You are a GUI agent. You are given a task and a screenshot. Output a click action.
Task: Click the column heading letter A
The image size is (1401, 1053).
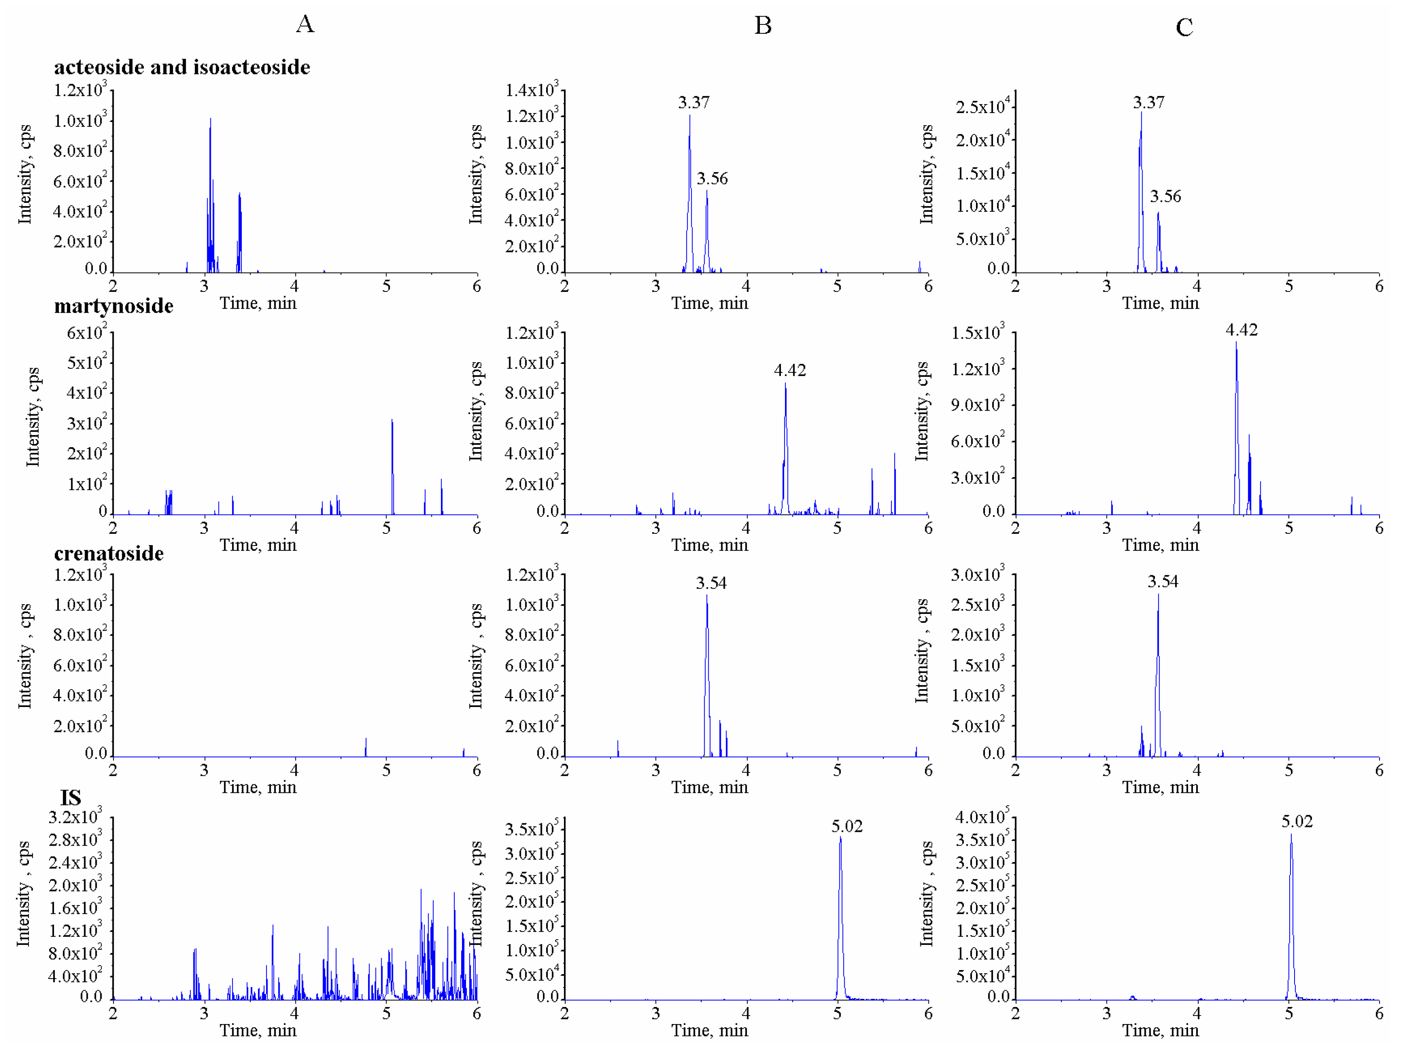click(305, 24)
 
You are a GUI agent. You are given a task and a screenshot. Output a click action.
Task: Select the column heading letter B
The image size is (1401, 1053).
click(763, 25)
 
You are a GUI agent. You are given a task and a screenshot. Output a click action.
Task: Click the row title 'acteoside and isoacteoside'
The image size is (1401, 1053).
click(182, 67)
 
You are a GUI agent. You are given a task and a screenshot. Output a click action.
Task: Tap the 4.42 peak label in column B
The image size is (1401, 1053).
click(790, 370)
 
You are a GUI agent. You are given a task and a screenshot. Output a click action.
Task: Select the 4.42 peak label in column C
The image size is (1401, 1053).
click(1241, 329)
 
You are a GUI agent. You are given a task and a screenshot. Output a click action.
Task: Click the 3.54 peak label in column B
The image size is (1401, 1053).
click(711, 583)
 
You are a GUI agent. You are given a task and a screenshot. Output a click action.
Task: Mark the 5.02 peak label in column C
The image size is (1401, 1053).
click(1297, 822)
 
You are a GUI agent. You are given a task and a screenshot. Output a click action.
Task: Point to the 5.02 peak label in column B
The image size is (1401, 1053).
click(847, 826)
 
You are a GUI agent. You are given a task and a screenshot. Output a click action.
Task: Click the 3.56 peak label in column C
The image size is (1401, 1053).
click(1165, 196)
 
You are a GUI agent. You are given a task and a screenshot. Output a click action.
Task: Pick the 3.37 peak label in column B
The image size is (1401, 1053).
click(694, 102)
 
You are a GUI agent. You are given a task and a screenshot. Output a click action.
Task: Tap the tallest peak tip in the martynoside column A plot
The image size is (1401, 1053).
click(392, 420)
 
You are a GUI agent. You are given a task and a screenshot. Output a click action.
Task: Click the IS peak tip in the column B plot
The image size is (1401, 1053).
click(840, 838)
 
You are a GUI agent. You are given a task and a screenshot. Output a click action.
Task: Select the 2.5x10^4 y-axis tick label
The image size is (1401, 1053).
click(982, 107)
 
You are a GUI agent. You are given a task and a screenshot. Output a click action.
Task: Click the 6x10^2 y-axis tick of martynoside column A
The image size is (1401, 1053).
click(87, 333)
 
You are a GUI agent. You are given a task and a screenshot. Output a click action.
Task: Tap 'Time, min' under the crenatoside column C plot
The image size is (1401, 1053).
click(1160, 788)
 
